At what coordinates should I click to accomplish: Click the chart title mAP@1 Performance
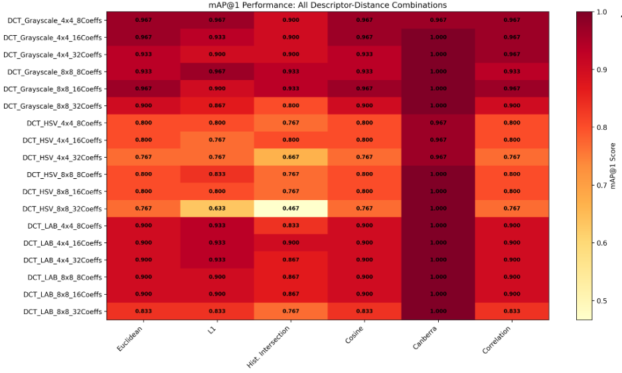328,5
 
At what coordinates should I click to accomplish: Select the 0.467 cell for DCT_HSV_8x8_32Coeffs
291,209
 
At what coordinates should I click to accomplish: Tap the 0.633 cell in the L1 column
217,209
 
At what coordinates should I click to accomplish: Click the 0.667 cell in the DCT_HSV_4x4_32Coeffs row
291,157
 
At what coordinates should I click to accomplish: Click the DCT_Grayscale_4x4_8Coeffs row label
55,20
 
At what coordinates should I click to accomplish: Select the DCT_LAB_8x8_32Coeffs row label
62,311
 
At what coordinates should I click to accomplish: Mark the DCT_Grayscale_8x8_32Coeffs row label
55,106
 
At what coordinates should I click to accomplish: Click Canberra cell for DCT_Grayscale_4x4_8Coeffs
438,20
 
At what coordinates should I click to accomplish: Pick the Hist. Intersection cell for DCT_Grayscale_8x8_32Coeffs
291,106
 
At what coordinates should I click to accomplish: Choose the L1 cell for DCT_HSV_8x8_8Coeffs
217,174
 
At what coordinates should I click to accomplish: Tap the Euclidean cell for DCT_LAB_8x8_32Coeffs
143,311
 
